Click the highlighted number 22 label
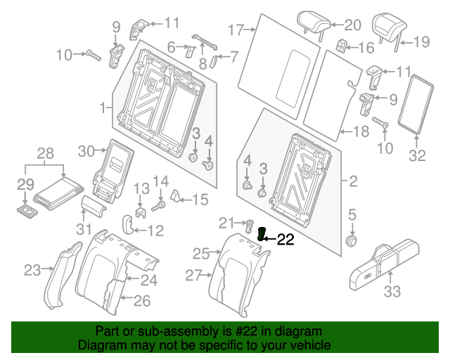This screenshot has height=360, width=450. click(284, 240)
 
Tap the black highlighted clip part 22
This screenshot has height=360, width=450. click(262, 235)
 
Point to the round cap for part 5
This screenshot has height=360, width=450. click(351, 241)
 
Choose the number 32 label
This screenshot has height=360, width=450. click(418, 156)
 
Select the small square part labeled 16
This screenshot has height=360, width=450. click(342, 46)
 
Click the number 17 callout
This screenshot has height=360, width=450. click(235, 30)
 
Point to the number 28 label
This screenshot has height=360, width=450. click(44, 153)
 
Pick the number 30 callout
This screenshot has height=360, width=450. click(85, 150)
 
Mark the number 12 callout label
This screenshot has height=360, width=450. click(154, 230)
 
